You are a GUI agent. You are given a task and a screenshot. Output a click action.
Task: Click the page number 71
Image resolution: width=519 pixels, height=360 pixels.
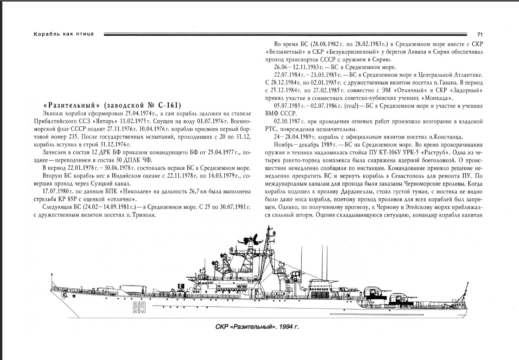click(480, 34)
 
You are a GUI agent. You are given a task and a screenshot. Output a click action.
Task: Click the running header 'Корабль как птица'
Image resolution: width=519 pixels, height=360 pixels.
click(64, 34)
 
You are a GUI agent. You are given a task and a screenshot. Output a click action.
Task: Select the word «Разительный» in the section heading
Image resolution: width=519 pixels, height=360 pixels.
click(71, 105)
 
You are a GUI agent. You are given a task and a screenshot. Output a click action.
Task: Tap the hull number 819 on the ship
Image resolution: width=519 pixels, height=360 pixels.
click(139, 306)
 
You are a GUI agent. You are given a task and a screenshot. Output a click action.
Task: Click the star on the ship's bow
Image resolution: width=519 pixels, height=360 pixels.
click(73, 296)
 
